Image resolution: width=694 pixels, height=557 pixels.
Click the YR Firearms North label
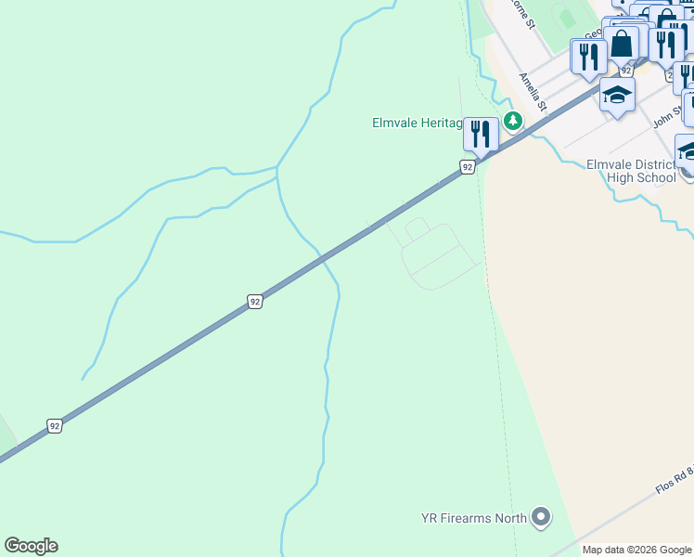(474, 518)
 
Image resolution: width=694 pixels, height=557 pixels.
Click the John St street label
(666, 118)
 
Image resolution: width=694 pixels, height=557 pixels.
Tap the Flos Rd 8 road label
(672, 484)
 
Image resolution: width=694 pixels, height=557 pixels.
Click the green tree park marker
(512, 121)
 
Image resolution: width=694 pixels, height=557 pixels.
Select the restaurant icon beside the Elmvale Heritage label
(481, 133)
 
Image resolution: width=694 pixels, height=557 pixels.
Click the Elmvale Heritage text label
(417, 122)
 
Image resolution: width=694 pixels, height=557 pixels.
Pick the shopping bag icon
(623, 43)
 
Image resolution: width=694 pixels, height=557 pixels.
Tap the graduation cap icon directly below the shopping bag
(617, 95)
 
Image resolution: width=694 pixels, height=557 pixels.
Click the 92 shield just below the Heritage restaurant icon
(468, 166)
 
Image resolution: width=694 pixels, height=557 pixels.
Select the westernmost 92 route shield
(55, 426)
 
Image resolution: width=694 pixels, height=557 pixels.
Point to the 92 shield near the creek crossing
(255, 301)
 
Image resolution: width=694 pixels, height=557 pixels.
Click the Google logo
(31, 546)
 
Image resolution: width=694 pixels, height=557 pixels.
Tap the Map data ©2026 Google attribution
(637, 550)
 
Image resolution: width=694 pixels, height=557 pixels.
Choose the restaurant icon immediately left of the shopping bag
(588, 56)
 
